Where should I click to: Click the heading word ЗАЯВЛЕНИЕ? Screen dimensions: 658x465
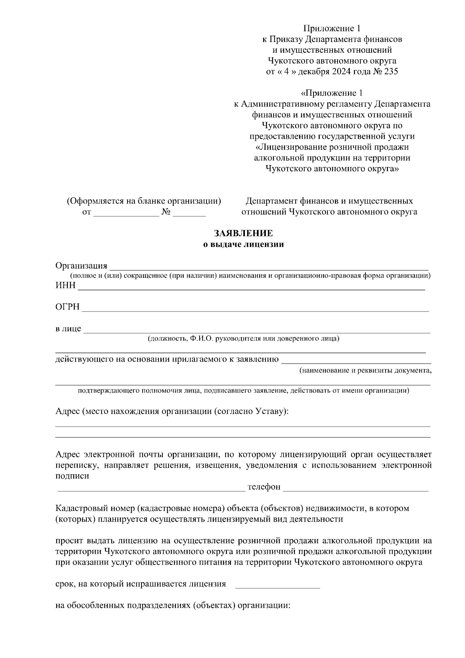[x=244, y=233]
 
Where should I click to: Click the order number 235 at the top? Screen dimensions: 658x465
[x=391, y=72]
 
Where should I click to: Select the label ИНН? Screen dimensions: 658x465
[x=65, y=286]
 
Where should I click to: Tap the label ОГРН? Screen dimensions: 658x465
[x=67, y=307]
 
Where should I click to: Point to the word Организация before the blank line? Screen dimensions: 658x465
[x=81, y=265]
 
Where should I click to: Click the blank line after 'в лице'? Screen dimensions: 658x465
[x=257, y=332]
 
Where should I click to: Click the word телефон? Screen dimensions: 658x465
[x=264, y=487]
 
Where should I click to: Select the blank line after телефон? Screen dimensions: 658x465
[x=355, y=490]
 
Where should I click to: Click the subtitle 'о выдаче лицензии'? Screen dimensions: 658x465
[x=244, y=245]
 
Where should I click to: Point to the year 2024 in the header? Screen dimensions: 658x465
[x=341, y=72]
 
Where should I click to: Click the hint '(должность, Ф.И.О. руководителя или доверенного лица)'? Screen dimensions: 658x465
[x=243, y=339]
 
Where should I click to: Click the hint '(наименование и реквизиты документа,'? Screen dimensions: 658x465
[x=365, y=370]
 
